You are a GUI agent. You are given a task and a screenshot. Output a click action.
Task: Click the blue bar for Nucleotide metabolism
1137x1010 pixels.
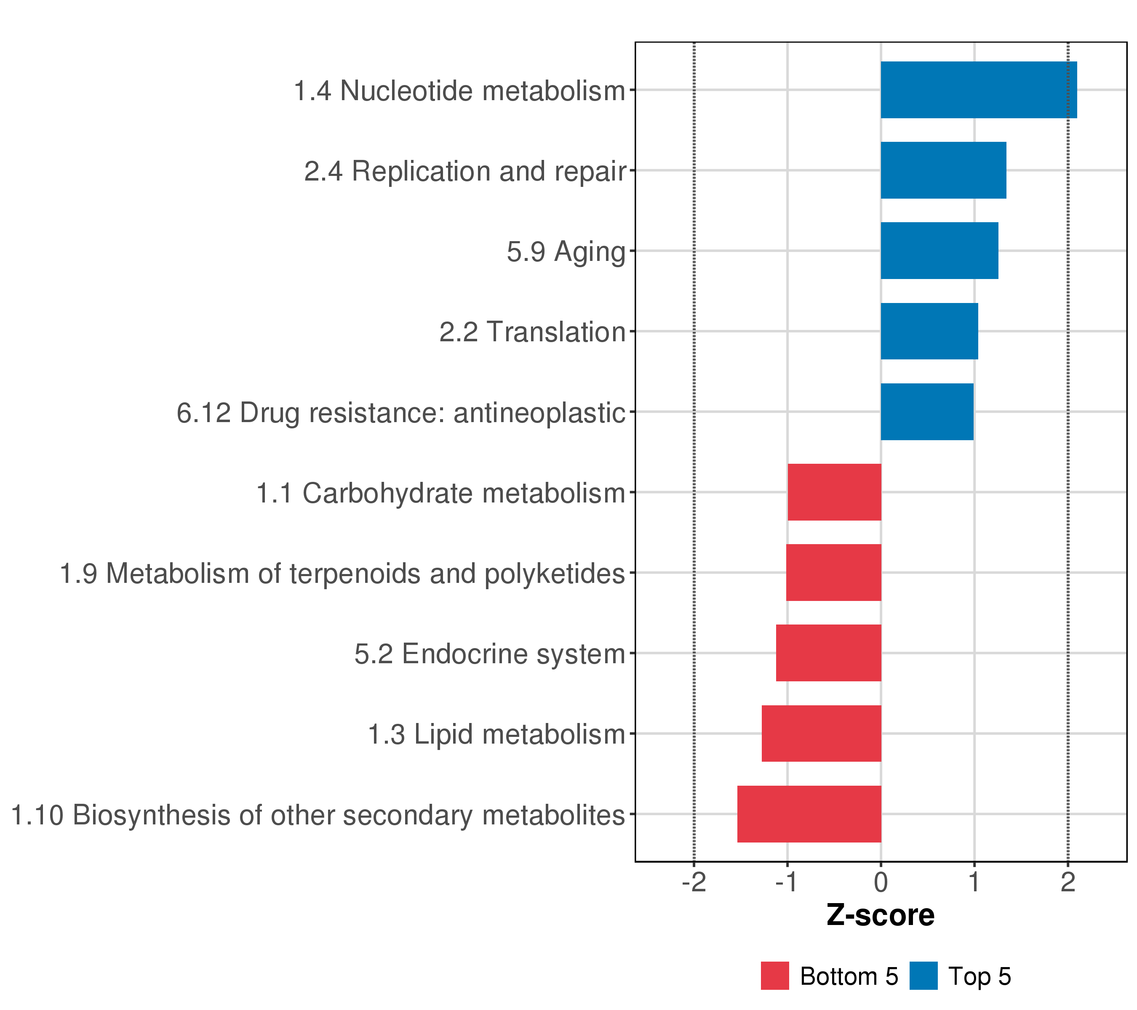click(x=979, y=90)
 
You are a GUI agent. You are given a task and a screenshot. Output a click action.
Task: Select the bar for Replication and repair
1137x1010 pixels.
click(x=943, y=170)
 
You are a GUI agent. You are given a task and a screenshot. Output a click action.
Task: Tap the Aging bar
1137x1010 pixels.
click(x=939, y=251)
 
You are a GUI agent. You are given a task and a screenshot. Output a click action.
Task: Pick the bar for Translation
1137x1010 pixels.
click(x=929, y=331)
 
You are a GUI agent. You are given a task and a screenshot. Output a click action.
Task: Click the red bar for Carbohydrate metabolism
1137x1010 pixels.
click(x=834, y=492)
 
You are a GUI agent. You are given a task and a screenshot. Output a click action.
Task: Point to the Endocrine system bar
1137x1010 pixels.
click(x=828, y=653)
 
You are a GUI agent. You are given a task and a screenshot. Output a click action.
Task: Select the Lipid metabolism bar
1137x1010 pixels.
click(x=821, y=733)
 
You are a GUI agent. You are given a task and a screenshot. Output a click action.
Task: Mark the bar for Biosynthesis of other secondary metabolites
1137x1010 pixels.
click(x=809, y=814)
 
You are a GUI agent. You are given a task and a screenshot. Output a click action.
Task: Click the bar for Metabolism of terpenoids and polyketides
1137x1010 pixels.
click(x=833, y=572)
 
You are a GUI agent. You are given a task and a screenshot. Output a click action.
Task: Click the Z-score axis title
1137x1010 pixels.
click(x=881, y=915)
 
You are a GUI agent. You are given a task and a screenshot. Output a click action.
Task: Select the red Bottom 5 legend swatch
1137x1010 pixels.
click(x=775, y=976)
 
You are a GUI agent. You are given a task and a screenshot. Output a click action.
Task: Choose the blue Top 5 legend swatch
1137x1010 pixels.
click(x=923, y=976)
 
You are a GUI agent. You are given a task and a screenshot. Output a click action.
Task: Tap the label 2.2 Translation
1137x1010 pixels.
click(x=532, y=332)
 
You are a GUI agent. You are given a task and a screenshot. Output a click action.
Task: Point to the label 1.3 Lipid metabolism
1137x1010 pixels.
click(x=497, y=734)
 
